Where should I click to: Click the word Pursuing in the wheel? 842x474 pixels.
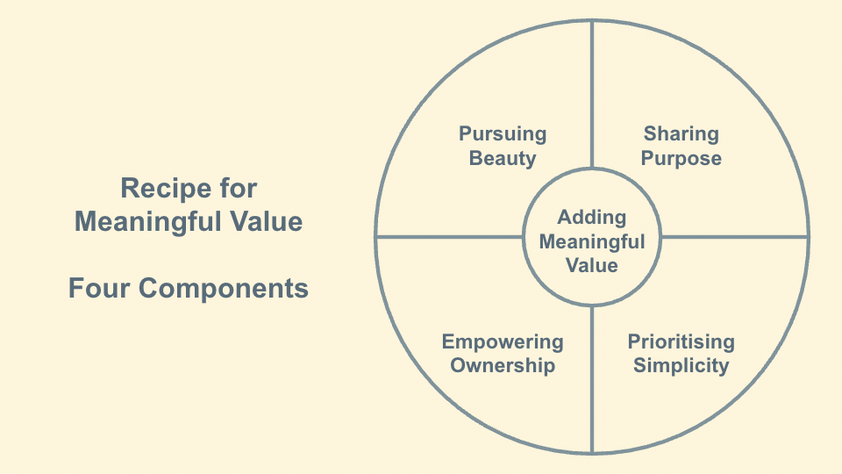click(x=503, y=134)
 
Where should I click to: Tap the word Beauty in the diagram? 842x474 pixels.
click(x=503, y=159)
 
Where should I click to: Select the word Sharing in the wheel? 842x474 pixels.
click(x=681, y=134)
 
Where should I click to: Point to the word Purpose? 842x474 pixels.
click(x=681, y=159)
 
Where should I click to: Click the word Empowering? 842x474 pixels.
click(x=503, y=341)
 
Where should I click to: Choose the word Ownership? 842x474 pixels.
click(x=503, y=366)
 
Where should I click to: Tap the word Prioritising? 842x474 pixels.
click(x=681, y=341)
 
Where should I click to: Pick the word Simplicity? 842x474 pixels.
click(x=681, y=366)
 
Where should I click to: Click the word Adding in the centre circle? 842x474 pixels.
click(x=592, y=217)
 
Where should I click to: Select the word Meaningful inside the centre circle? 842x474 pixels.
click(x=592, y=241)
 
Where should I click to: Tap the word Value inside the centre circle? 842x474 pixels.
click(x=592, y=265)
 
